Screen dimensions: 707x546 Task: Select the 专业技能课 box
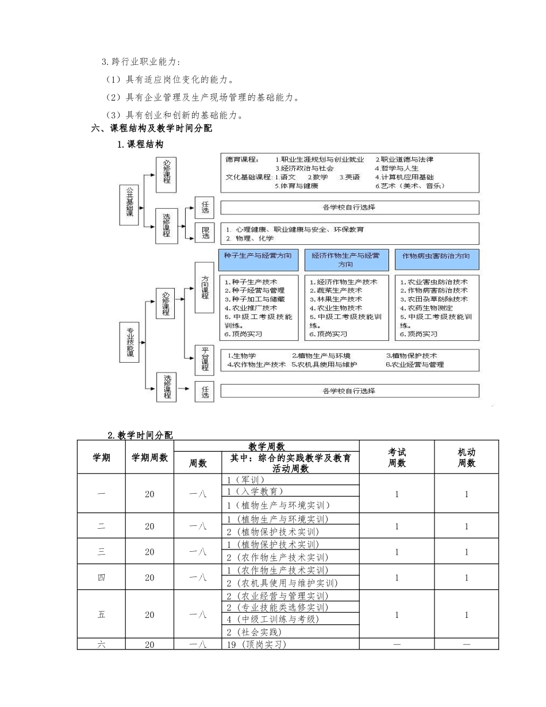click(129, 342)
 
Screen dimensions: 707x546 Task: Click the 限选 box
click(205, 233)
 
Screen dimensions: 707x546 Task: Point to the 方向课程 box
click(204, 287)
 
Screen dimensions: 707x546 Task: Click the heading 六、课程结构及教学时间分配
click(152, 128)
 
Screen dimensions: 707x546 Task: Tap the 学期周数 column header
click(149, 458)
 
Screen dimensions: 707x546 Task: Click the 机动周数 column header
click(466, 458)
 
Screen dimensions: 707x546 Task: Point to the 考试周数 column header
click(397, 458)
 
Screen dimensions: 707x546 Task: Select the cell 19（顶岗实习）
click(256, 644)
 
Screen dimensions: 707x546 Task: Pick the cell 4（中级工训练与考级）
click(272, 619)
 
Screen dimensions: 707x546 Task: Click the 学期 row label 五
click(102, 614)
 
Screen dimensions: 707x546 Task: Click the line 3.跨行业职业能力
click(141, 62)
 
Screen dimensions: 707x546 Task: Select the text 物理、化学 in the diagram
click(253, 238)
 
